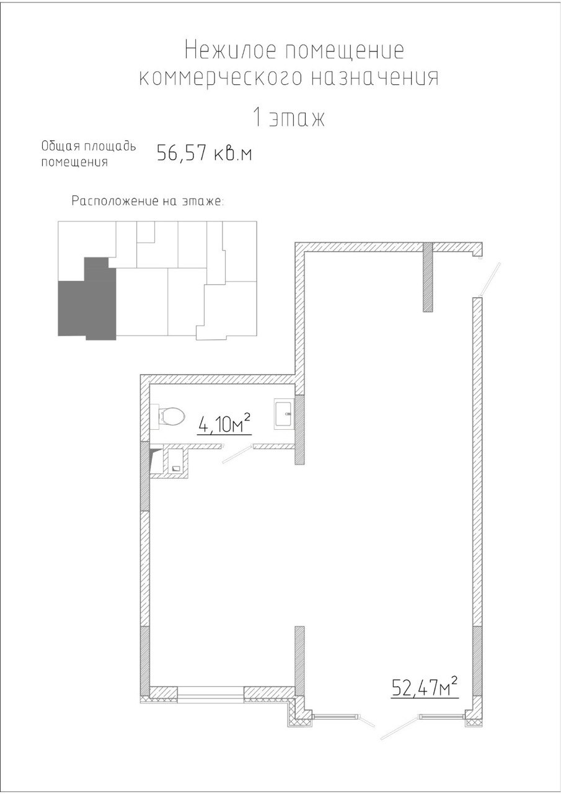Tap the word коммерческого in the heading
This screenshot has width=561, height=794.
220,78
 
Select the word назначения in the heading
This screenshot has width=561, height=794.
374,78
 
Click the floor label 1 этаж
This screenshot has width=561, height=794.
289,118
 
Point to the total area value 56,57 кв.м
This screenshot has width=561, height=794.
205,153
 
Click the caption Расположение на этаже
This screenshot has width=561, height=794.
148,202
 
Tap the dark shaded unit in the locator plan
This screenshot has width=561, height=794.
87,298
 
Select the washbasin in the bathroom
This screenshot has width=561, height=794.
284,413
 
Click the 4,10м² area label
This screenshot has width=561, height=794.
224,424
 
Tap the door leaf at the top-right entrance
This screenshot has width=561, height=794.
490,279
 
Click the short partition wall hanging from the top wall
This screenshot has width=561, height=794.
428,277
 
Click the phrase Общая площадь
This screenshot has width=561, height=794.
89,146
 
